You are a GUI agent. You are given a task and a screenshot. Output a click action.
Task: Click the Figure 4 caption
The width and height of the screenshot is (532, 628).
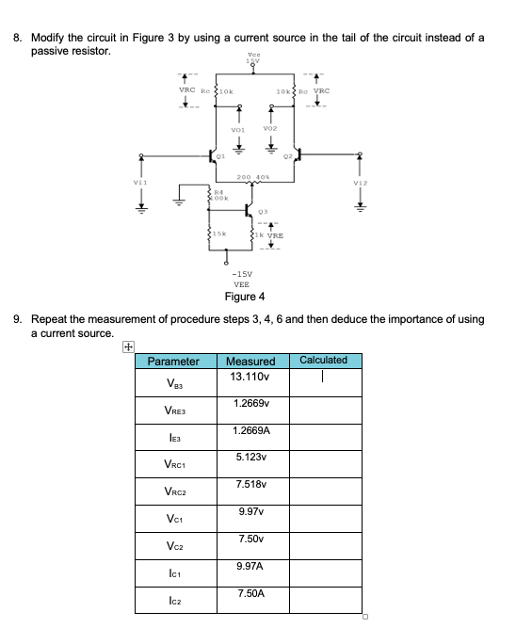coord(244,297)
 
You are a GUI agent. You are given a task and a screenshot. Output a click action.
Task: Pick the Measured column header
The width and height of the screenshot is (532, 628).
coord(251,362)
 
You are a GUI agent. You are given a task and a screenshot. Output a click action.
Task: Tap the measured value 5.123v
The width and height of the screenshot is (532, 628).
coord(251,457)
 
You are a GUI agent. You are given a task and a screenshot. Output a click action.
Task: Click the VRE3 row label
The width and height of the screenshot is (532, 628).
coord(175,411)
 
